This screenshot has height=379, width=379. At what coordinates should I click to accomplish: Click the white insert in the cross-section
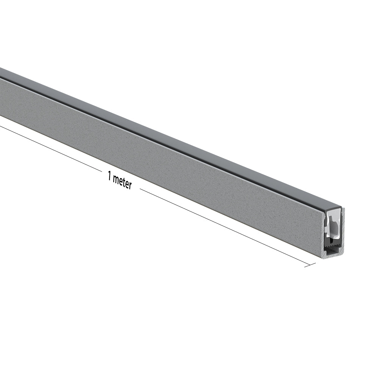click(x=333, y=220)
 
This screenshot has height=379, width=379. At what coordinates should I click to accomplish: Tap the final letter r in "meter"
click(x=130, y=186)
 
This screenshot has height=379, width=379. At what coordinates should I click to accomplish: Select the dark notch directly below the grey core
click(x=332, y=239)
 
